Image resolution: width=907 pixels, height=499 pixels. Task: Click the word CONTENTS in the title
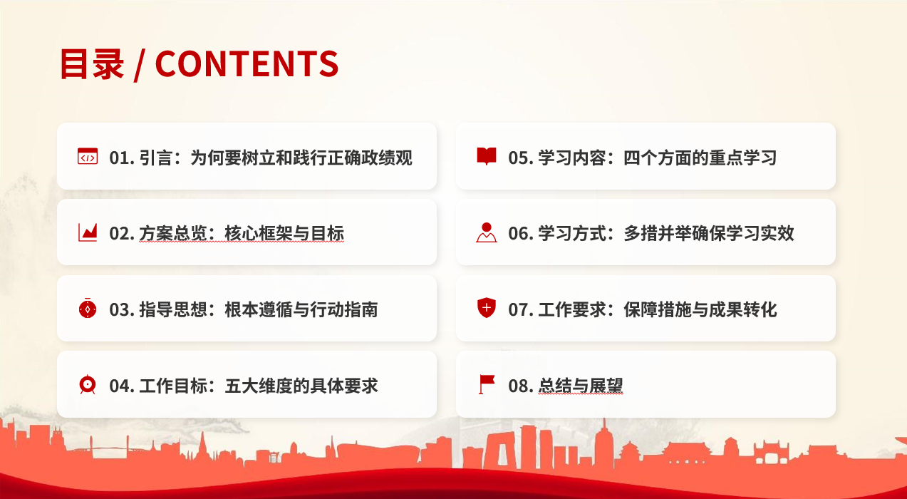coord(247,63)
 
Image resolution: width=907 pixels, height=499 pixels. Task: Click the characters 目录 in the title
coord(92,64)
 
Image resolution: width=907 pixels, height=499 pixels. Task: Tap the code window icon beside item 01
coord(88,156)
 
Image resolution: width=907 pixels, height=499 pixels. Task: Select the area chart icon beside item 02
coord(88,232)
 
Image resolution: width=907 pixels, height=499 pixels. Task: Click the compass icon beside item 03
coord(88,309)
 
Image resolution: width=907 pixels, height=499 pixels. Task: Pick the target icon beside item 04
coord(88,385)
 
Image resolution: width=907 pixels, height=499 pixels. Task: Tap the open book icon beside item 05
coord(487,156)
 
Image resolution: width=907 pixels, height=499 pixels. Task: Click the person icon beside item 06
coord(487,232)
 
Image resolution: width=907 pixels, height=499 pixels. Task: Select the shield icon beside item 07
coord(487,308)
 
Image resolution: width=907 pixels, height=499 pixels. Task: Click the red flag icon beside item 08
coord(487,384)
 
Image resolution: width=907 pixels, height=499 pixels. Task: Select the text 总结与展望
coord(581,386)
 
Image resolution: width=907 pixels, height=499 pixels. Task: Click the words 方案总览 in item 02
coord(173,233)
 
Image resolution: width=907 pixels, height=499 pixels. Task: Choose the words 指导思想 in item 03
coord(173,309)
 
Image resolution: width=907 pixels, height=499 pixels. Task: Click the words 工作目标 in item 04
coord(173,386)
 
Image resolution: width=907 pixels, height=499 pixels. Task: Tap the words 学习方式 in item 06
coord(572,233)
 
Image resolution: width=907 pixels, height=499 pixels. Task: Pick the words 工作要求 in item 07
coord(572,309)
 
